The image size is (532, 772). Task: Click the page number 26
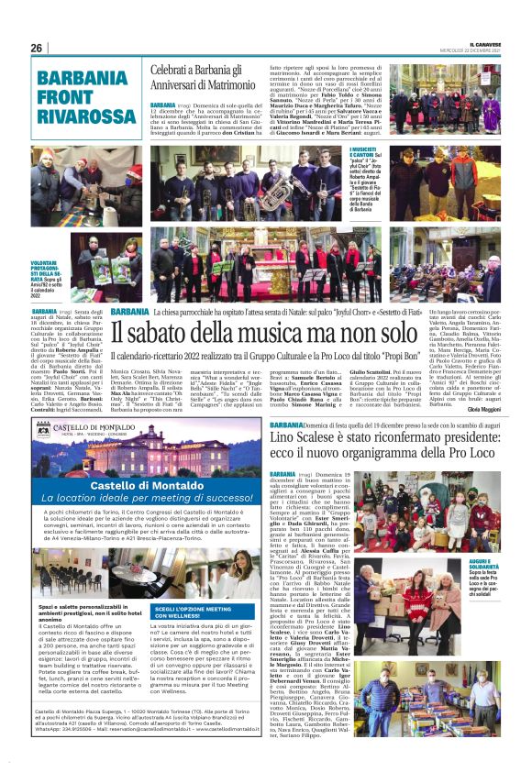click(x=37, y=48)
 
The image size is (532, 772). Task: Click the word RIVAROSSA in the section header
click(x=82, y=115)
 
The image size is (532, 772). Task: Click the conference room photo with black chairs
click(x=70, y=575)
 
